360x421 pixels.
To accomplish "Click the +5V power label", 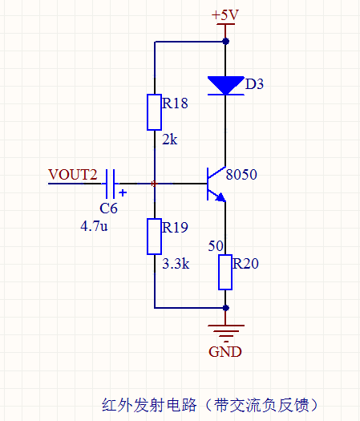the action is tap(225, 14).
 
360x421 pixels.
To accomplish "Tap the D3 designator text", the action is tap(254, 84).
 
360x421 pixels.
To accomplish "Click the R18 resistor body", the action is tap(155, 112).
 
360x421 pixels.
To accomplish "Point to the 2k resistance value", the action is tap(170, 140).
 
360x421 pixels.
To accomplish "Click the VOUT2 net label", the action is tap(72, 175).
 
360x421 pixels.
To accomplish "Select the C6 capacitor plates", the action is tap(111, 184).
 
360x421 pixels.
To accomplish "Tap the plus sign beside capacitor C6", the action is tap(123, 192).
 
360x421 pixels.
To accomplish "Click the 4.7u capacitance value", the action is tap(94, 226).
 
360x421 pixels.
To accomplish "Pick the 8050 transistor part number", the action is tap(241, 175).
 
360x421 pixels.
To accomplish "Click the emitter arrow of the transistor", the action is tap(220, 197).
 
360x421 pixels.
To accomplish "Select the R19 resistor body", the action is tap(155, 237).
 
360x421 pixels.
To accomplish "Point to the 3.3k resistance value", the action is tap(176, 264).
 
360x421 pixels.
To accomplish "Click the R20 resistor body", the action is tap(225, 273).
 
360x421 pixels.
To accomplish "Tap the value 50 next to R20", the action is tap(216, 246).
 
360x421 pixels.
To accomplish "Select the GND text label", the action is tap(225, 352).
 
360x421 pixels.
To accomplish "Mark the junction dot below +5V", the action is tap(226, 42).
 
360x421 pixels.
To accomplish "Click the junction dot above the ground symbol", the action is tap(226, 308).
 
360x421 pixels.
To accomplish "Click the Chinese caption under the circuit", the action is tap(209, 405).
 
